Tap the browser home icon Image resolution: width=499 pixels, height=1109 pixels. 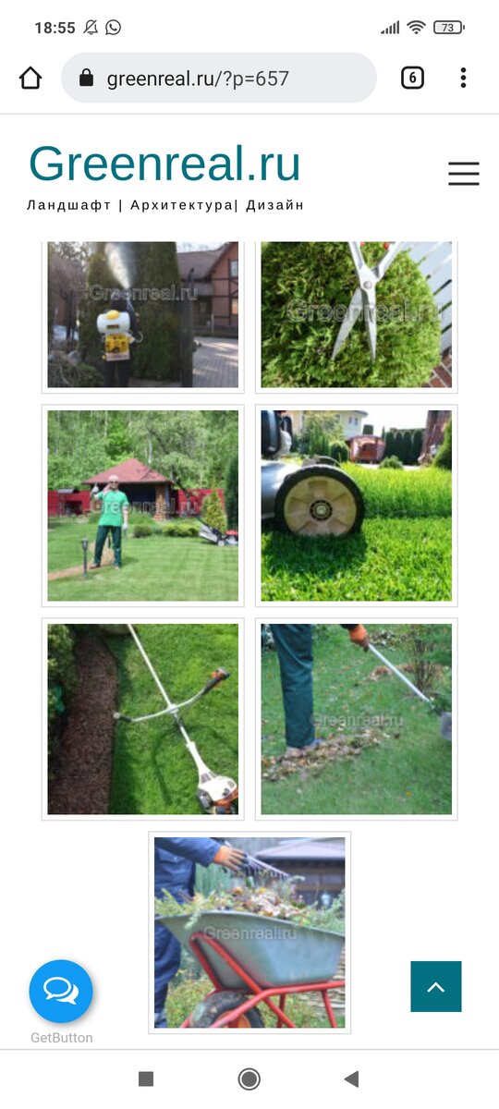(x=30, y=78)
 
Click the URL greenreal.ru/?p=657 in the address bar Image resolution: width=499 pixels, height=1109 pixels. (x=198, y=79)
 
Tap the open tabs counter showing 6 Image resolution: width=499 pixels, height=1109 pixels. (x=412, y=78)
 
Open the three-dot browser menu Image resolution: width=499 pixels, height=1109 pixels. (x=463, y=78)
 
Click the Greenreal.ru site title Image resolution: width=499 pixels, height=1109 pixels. (x=164, y=163)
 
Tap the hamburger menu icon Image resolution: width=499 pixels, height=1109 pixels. (x=464, y=174)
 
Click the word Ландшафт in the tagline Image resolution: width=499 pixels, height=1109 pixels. (x=68, y=205)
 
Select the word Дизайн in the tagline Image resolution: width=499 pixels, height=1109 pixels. (x=274, y=205)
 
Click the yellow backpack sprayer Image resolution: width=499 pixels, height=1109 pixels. (x=114, y=332)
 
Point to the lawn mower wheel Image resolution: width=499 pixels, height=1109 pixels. (x=320, y=501)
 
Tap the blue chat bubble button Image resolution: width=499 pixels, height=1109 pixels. (x=61, y=991)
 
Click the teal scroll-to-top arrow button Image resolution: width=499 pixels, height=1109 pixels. (x=436, y=986)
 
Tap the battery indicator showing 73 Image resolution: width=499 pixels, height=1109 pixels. (x=449, y=28)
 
